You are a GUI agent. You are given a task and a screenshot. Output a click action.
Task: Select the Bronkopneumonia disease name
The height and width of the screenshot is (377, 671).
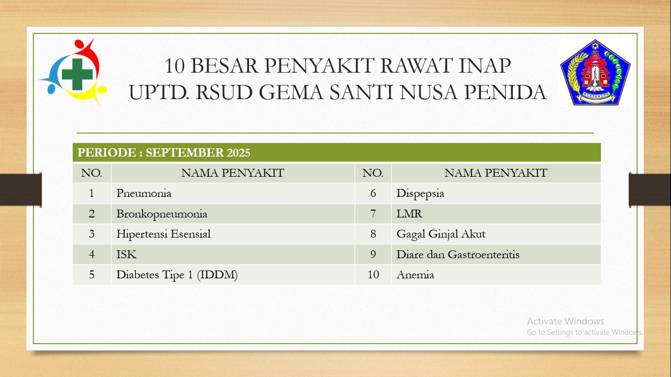(x=162, y=214)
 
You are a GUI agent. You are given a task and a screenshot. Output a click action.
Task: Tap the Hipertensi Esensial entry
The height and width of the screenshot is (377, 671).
(x=164, y=234)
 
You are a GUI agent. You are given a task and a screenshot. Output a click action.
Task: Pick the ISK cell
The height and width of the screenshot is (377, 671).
(x=126, y=255)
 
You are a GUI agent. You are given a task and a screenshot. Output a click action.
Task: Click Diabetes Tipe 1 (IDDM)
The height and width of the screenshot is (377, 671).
(x=177, y=275)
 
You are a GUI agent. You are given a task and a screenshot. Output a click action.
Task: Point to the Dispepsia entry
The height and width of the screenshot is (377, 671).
(x=420, y=193)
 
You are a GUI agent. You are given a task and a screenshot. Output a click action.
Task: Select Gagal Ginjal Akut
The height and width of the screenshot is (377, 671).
(x=441, y=234)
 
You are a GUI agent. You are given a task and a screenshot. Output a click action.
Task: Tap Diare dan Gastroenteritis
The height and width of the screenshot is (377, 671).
(x=458, y=255)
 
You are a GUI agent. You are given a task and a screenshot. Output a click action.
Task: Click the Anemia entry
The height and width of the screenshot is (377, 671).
(x=415, y=275)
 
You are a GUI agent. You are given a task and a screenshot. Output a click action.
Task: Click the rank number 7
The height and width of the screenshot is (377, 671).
(x=373, y=214)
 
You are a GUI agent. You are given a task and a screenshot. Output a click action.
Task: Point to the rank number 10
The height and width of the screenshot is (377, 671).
(x=373, y=275)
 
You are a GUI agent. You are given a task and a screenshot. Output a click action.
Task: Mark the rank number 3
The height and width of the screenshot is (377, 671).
(x=92, y=234)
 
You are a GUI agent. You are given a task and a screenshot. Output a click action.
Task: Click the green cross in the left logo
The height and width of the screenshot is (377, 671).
(x=77, y=74)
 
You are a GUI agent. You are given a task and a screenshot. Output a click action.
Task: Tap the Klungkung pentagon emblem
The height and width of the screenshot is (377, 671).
(x=595, y=73)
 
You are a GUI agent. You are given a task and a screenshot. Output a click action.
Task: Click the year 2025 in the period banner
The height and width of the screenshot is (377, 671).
(x=238, y=153)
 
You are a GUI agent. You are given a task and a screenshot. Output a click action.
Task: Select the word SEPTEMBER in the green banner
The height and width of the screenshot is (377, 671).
(x=185, y=153)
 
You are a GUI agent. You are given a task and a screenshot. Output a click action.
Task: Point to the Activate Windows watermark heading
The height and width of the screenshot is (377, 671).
(x=565, y=322)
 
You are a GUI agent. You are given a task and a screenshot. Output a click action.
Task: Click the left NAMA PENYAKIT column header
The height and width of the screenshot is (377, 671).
(x=232, y=173)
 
